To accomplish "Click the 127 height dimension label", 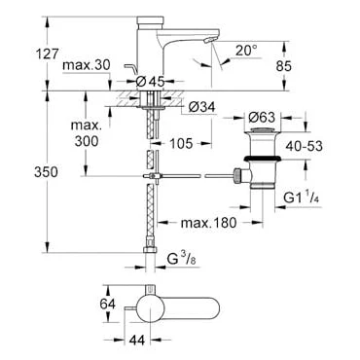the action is click(x=47, y=54).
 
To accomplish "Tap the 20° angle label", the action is click(x=246, y=51).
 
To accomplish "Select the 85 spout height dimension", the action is click(x=284, y=66).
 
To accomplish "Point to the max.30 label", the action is click(x=87, y=65).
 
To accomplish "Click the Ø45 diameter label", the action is click(x=150, y=82).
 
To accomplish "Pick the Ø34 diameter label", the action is click(x=201, y=107).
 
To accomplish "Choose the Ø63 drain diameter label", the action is click(x=262, y=117).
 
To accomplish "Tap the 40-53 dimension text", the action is click(x=305, y=146).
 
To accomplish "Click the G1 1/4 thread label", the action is click(x=302, y=198).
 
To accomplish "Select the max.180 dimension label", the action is click(x=208, y=223).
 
